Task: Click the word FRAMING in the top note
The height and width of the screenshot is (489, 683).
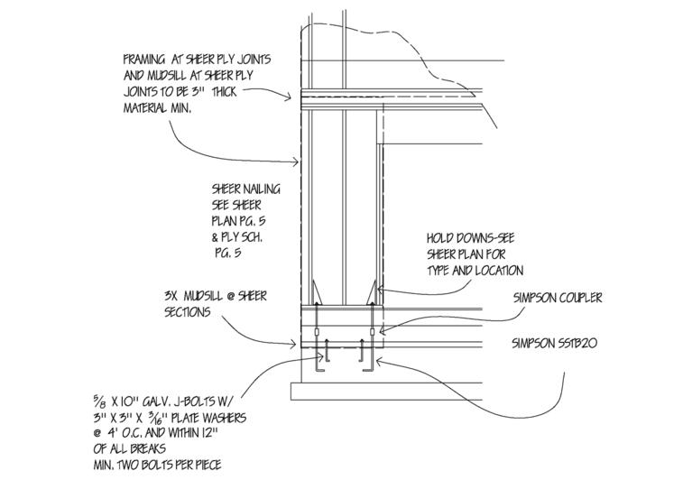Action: [x=144, y=60]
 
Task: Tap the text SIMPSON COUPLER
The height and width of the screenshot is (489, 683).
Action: [x=558, y=298]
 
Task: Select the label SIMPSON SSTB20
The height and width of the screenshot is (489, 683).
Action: [x=555, y=343]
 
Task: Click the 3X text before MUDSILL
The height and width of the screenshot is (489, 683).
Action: [x=171, y=296]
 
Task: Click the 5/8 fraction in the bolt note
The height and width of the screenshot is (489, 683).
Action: [x=97, y=401]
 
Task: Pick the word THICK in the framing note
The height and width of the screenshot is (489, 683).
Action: [x=224, y=92]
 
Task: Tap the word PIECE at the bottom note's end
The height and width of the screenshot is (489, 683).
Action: [x=207, y=465]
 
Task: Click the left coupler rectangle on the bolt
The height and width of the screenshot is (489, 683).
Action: [x=316, y=332]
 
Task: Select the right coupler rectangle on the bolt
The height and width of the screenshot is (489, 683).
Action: [x=372, y=332]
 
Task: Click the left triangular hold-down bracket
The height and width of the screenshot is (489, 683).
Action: [x=317, y=293]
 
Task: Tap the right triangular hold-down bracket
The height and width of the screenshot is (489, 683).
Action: [x=372, y=292]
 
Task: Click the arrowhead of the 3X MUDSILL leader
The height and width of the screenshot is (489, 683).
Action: [x=295, y=345]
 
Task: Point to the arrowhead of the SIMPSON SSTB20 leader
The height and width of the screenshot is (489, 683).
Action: [x=379, y=361]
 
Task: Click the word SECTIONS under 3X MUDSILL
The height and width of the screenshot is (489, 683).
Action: [x=188, y=312]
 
